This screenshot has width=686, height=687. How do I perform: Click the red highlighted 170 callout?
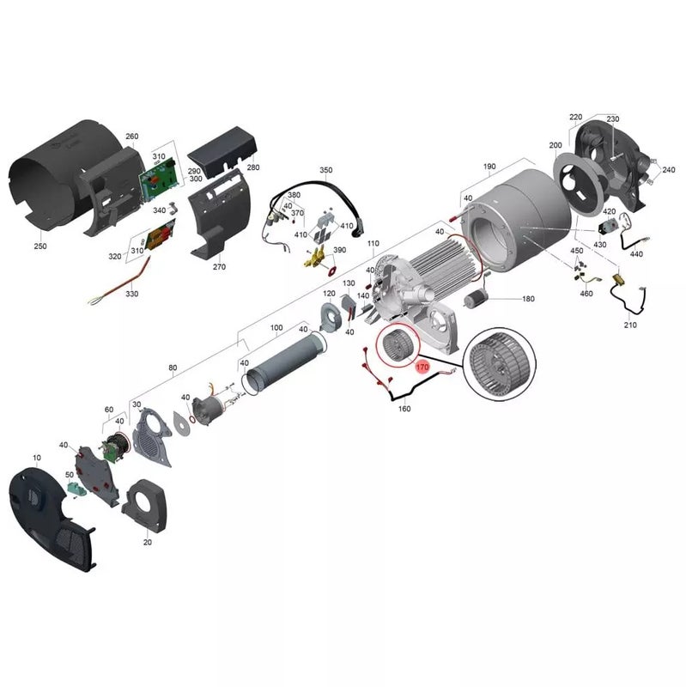[422, 367]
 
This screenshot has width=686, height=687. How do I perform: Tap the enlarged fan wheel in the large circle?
[499, 363]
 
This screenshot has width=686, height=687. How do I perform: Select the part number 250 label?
[39, 246]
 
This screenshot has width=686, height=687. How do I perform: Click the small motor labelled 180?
[474, 299]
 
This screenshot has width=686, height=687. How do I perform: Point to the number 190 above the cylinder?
[489, 167]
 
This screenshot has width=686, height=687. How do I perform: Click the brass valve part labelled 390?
[319, 260]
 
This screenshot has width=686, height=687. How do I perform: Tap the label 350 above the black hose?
[326, 170]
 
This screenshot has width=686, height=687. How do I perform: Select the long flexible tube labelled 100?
[287, 362]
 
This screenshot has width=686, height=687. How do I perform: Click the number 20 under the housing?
[148, 542]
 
